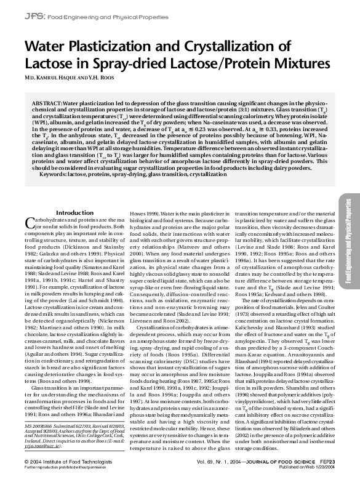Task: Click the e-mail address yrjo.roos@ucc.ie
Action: [47, 439]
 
